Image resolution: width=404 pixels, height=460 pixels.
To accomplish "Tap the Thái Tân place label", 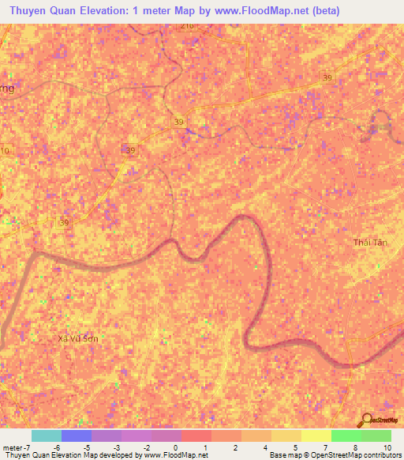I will pyautogui.click(x=370, y=242).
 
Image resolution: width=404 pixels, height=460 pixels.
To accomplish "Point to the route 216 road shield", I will pyautogui.click(x=187, y=26).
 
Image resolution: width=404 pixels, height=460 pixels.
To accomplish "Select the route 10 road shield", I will pyautogui.click(x=6, y=150).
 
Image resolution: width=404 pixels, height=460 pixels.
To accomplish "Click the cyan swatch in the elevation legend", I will pyautogui.click(x=46, y=435).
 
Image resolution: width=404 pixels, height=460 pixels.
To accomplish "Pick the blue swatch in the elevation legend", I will pyautogui.click(x=76, y=435).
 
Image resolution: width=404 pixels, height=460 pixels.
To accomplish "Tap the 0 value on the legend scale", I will pyautogui.click(x=174, y=447).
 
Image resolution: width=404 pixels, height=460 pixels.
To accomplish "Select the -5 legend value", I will pyautogui.click(x=85, y=447).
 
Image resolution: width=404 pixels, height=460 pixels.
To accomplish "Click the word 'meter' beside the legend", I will pyautogui.click(x=13, y=447).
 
